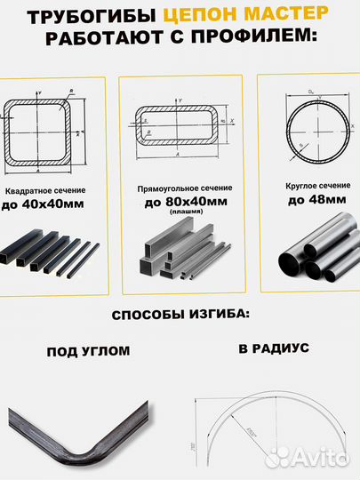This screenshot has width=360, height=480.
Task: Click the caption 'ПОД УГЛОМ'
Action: (x=88, y=351)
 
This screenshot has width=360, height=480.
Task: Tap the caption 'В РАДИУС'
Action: (x=274, y=348)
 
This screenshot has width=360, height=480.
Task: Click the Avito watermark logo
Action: (x=308, y=458)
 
